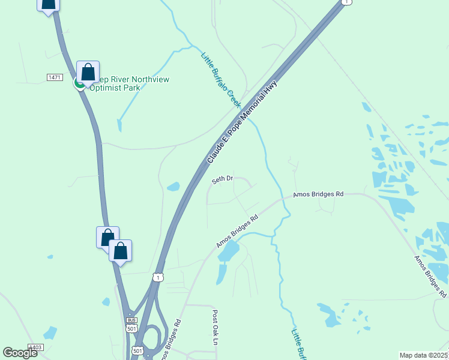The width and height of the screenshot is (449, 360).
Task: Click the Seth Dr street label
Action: [x=222, y=179]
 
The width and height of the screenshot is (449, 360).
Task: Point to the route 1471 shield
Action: [x=55, y=78]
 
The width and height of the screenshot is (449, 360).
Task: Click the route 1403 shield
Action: [x=35, y=348]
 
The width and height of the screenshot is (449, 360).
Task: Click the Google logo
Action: [x=20, y=353]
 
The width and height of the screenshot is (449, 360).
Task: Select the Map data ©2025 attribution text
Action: [x=424, y=355]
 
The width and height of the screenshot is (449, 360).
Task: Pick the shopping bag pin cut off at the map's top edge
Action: [x=48, y=5]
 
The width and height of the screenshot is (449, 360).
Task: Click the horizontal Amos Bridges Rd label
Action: [x=318, y=194]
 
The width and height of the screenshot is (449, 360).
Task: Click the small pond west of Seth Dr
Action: [x=173, y=187]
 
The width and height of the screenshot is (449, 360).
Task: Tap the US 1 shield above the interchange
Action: [x=157, y=277]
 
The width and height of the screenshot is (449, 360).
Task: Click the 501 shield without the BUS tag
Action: [x=137, y=351]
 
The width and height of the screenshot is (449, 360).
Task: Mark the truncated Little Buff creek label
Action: [x=298, y=343]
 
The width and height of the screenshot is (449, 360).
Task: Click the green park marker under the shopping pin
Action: [x=79, y=83]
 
